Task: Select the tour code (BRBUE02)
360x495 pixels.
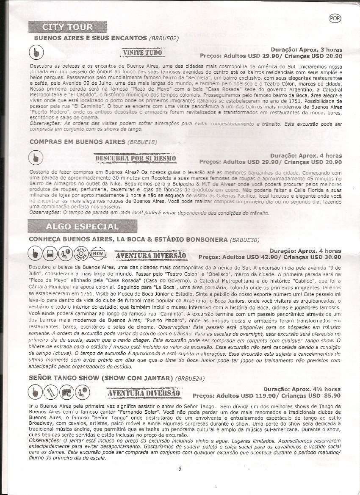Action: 164,38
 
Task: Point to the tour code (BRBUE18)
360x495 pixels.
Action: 142,142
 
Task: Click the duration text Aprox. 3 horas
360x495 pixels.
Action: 319,50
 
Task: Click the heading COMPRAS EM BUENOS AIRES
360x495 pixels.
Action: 77,141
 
